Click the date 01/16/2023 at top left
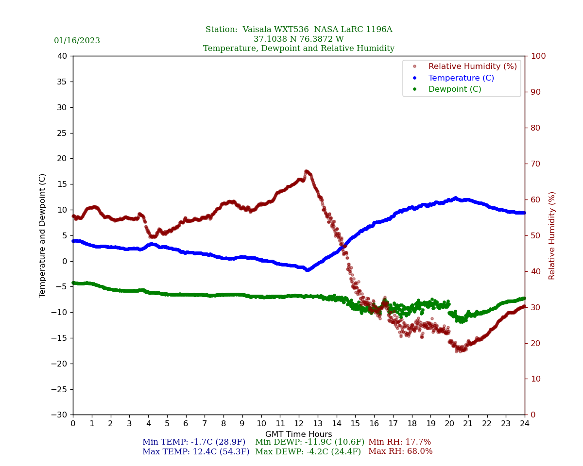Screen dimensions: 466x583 click(77, 41)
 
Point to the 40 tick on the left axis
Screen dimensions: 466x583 click(62, 56)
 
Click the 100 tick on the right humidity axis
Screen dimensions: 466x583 click(538, 56)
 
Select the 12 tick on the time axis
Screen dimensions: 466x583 click(299, 424)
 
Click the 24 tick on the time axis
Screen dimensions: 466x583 click(525, 424)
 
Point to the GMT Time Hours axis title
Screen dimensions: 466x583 click(298, 434)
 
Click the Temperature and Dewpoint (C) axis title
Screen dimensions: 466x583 click(43, 235)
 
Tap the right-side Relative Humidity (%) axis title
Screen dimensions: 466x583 click(552, 235)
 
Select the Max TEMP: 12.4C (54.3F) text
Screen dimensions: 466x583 click(196, 452)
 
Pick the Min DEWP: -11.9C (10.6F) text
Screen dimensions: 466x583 click(309, 442)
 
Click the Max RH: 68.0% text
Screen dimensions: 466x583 click(400, 452)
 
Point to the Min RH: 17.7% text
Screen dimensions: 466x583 click(399, 442)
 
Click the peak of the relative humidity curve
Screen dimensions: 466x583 click(306, 171)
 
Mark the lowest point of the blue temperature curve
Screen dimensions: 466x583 click(307, 269)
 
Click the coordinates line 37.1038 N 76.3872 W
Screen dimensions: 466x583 click(298, 39)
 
